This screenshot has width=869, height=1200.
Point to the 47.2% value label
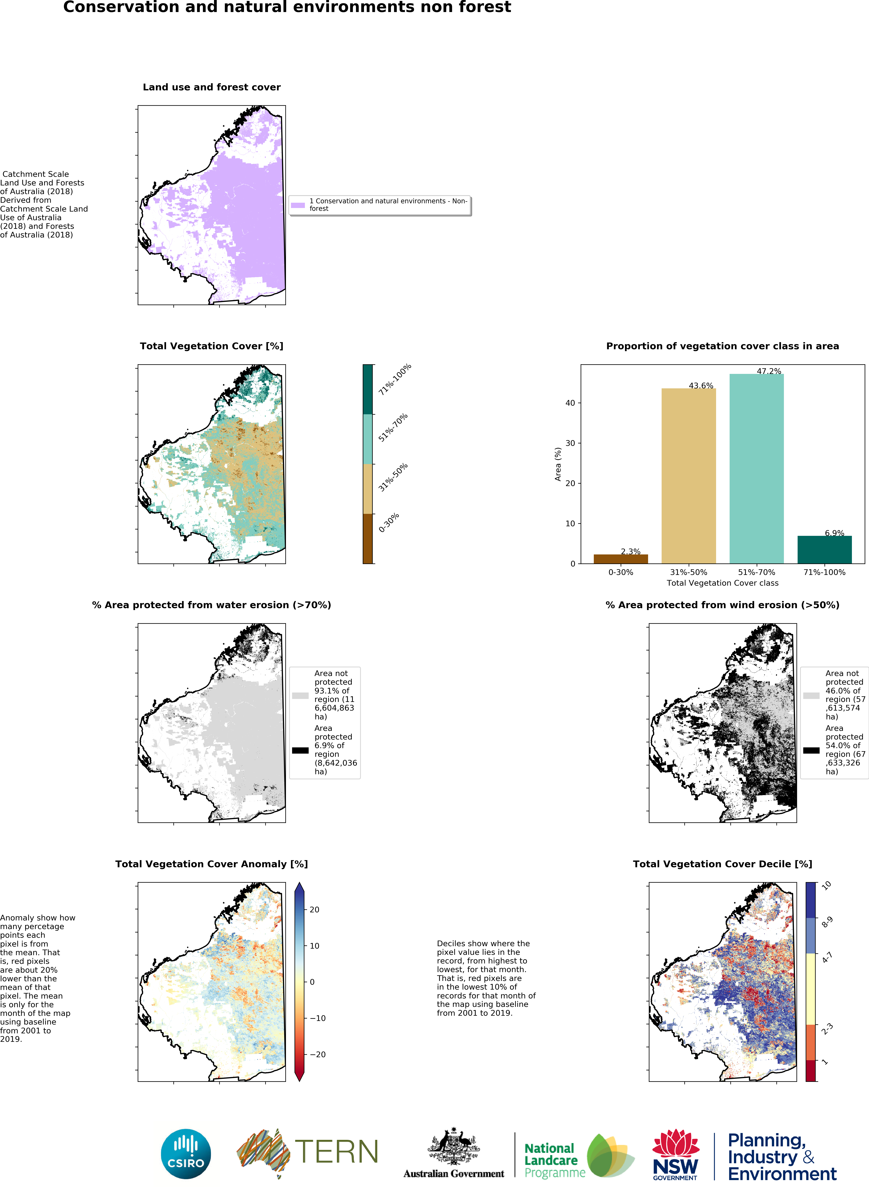pyautogui.click(x=768, y=371)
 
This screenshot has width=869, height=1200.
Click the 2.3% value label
pyautogui.click(x=630, y=551)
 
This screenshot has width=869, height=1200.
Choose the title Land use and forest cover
pyautogui.click(x=212, y=87)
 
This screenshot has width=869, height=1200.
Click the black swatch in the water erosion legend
pyautogui.click(x=300, y=750)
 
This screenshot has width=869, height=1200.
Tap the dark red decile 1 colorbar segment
pyautogui.click(x=810, y=1070)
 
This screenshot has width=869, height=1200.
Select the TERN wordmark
pyautogui.click(x=336, y=1152)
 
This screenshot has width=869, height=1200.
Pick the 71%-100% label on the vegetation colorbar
pyautogui.click(x=394, y=379)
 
